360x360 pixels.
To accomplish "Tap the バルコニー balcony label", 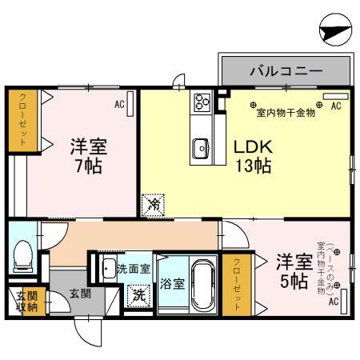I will (286, 71).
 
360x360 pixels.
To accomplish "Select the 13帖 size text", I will (253, 166).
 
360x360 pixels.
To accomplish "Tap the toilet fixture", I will (22, 254).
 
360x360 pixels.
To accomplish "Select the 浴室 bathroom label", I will (171, 284).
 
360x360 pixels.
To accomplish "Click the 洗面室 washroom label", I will (132, 268).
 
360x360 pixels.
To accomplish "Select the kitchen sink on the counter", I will (201, 147).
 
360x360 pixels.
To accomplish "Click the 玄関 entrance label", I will (78, 294).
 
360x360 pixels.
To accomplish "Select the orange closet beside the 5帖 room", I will (237, 283).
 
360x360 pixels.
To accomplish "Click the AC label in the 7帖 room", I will (119, 104).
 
